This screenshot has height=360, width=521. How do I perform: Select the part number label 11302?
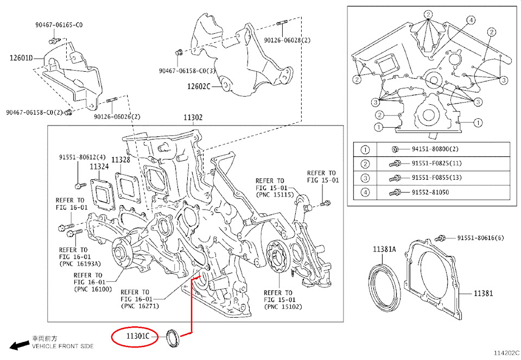(x=193, y=117)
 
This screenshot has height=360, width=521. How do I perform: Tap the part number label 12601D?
(x=21, y=58)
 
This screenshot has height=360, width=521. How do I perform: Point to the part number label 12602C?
(x=199, y=86)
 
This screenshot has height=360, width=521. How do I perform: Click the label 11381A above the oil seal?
(x=384, y=249)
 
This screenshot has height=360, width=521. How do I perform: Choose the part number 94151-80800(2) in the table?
(x=435, y=149)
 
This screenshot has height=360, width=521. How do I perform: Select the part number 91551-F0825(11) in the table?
(x=437, y=163)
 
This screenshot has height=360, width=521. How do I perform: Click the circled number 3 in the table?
(x=366, y=178)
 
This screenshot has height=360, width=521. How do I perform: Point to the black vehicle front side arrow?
(x=21, y=344)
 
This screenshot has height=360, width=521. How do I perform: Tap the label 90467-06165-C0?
(x=59, y=25)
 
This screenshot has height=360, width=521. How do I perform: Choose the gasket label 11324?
(x=99, y=167)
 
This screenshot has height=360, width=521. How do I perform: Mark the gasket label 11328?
(x=120, y=160)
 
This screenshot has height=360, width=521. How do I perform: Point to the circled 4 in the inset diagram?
(x=471, y=20)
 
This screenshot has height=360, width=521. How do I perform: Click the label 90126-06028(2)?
(x=288, y=40)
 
